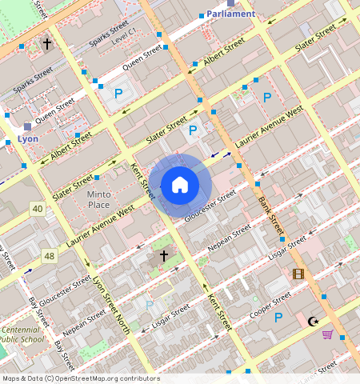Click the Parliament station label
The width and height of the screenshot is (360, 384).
(230, 14)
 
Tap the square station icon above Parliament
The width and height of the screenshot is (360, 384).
(230, 2)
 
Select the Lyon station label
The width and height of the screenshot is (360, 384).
(27, 138)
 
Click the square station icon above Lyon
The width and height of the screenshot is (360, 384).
(27, 126)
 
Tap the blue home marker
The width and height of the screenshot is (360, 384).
(180, 186)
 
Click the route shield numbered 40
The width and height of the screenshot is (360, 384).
(38, 209)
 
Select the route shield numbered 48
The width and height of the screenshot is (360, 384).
(50, 256)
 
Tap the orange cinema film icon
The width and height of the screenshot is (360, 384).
(298, 274)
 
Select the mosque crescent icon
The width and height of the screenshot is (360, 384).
(313, 322)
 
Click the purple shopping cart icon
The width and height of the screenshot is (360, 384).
(327, 334)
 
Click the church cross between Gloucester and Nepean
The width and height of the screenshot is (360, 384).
(164, 256)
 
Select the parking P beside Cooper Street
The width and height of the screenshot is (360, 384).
(278, 318)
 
